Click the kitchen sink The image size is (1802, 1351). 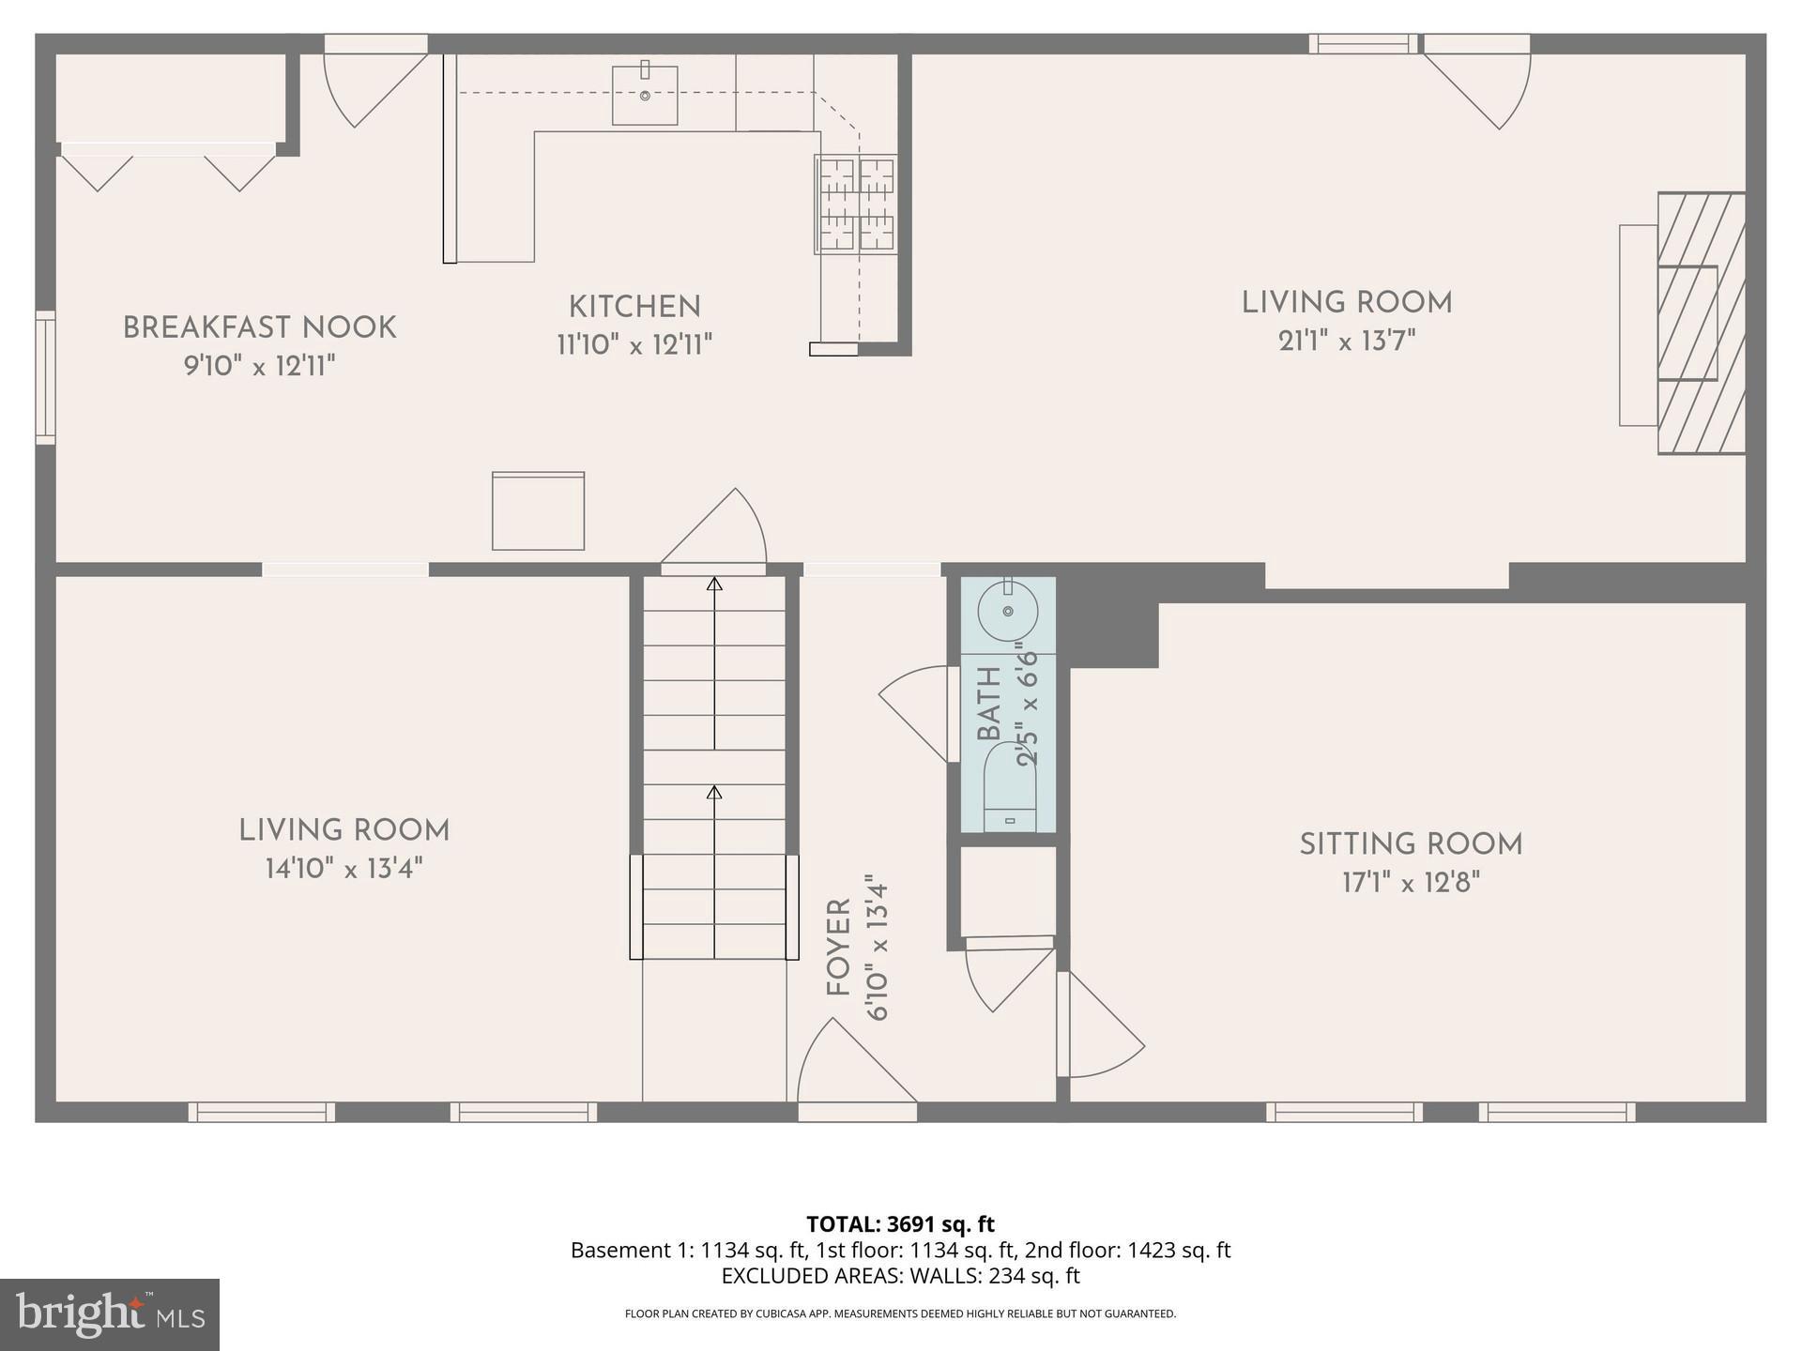point(645,96)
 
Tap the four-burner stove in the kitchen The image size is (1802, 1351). point(856,205)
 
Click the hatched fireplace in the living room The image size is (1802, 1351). point(1700,324)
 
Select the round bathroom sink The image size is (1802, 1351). point(1007,612)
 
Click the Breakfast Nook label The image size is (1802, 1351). point(260,327)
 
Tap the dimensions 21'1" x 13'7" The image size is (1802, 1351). point(1347,341)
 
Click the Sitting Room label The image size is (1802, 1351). point(1411,844)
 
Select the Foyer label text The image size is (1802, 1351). point(838,948)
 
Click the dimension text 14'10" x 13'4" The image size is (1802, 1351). point(344,869)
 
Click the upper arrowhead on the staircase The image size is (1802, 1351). point(714,584)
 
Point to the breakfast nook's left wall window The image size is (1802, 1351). point(45,377)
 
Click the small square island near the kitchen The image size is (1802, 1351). point(538,511)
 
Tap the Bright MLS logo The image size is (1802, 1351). point(110,1314)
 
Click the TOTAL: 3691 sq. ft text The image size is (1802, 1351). point(900,1224)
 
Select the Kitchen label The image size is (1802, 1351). point(634,307)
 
